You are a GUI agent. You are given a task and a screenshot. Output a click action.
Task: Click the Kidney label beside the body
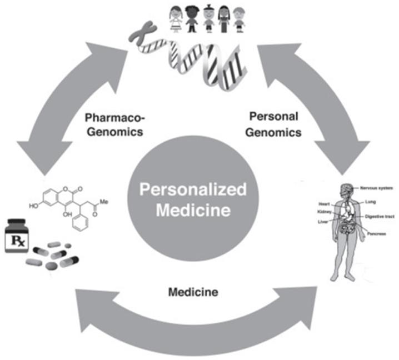[x=324, y=212]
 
